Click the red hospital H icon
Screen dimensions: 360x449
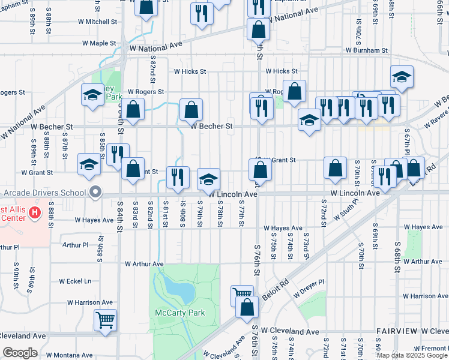(x=35, y=212)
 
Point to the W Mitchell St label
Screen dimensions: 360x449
(x=97, y=22)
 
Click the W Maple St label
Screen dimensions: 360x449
(x=98, y=43)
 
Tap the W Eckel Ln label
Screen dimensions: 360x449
(x=75, y=281)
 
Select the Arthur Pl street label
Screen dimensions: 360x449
(x=75, y=245)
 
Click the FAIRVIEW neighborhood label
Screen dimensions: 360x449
(x=397, y=331)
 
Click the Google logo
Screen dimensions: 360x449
(x=20, y=353)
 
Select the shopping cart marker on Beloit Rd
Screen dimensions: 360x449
(x=241, y=295)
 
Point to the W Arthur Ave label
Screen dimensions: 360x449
(x=144, y=263)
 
